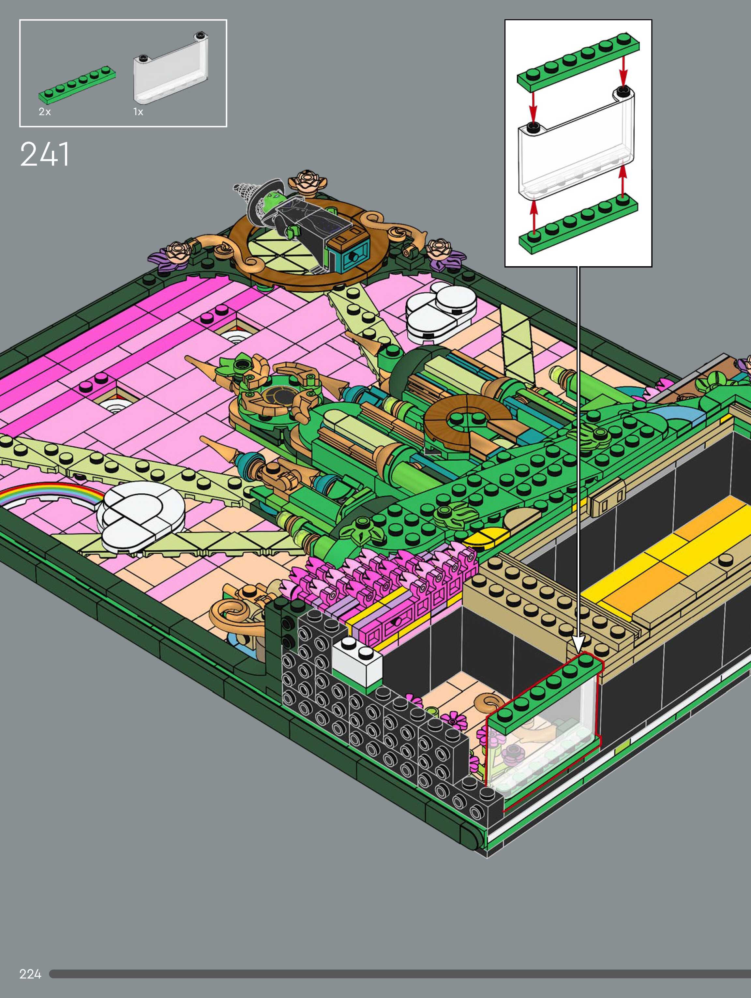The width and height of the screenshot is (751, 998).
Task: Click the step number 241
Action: (45, 154)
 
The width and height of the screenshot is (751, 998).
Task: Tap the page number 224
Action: (30, 974)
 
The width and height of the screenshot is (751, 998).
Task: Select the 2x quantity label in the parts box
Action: (45, 112)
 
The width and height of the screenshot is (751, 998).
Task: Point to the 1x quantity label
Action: (138, 112)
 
